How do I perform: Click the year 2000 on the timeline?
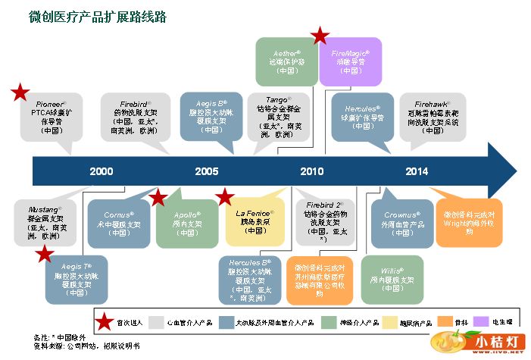click(x=101, y=171)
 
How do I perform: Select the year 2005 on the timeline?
click(x=206, y=171)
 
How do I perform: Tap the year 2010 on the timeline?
click(x=311, y=171)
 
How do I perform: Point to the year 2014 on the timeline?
click(x=416, y=171)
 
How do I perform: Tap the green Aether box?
click(x=287, y=60)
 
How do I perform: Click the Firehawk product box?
click(x=434, y=116)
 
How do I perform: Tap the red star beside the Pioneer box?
click(x=20, y=93)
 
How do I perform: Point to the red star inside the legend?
click(x=108, y=321)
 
